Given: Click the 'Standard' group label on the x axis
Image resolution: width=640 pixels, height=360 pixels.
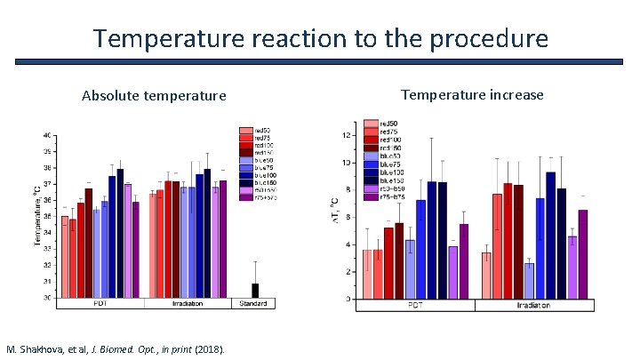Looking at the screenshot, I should tap(254, 304).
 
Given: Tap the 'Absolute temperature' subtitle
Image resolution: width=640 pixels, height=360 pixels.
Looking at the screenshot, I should tap(154, 95).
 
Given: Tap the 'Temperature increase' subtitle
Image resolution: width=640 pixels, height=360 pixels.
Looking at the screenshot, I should tap(472, 94).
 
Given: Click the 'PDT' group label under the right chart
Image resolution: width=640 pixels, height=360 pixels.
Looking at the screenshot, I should tap(414, 305).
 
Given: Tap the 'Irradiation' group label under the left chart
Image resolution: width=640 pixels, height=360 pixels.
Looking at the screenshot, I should tap(188, 304).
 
